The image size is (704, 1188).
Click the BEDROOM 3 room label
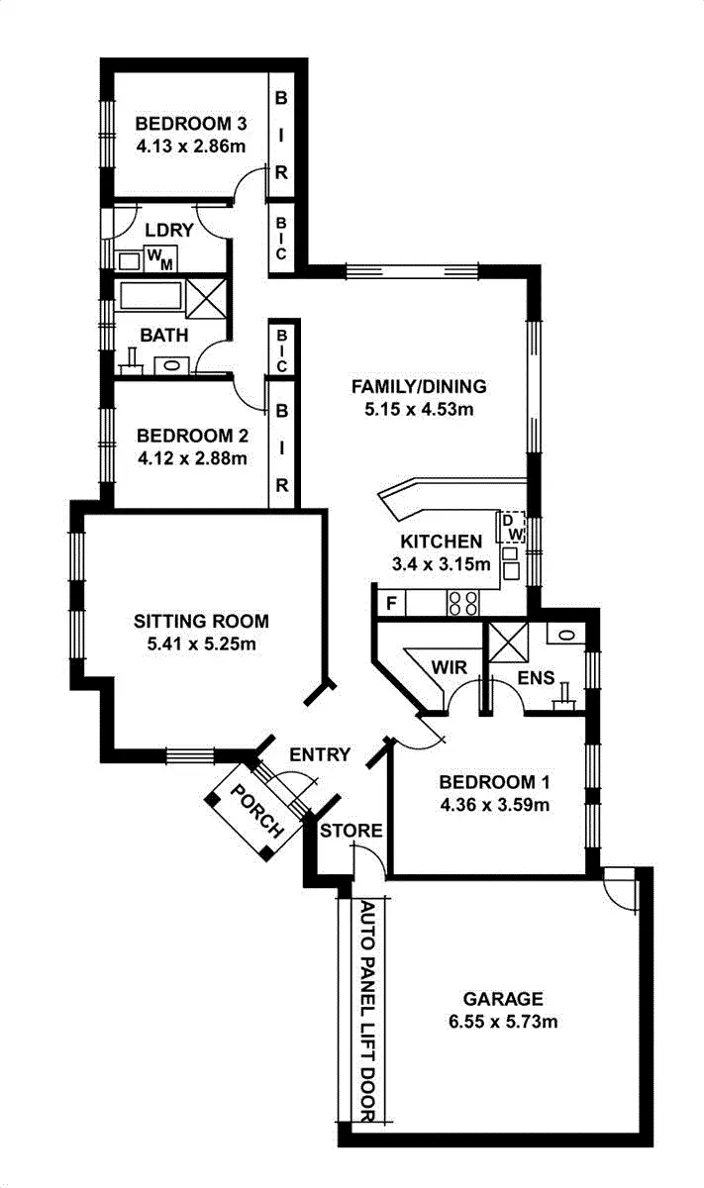pos(190,124)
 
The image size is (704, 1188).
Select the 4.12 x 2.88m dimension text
pos(191,457)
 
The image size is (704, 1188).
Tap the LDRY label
pos(168,231)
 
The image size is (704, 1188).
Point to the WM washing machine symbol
pos(158,258)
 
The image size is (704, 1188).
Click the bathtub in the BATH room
pos(150,297)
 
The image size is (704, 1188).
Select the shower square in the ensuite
pos(508,643)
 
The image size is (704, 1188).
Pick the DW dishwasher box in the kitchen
pos(510,526)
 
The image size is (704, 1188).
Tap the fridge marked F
pos(390,601)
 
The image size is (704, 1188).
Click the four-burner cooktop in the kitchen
pos(462,601)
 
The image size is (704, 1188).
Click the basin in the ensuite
pos(563,636)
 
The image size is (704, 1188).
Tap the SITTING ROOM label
pos(201,622)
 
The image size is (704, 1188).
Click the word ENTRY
pos(319,755)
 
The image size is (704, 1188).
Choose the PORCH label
pos(252,810)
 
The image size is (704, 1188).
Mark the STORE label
pos(351,831)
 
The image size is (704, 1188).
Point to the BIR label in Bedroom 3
pos(281,134)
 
